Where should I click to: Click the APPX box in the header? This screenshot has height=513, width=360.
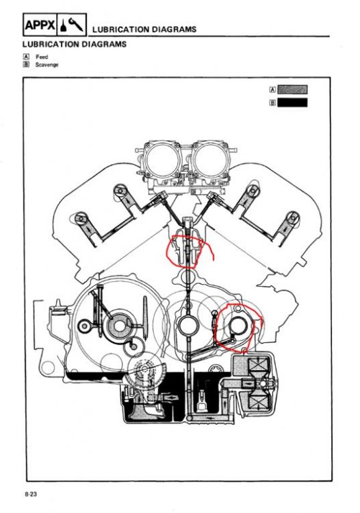(x=40, y=25)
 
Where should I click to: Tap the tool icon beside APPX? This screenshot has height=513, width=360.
(x=72, y=25)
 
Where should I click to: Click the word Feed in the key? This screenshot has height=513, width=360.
(x=42, y=57)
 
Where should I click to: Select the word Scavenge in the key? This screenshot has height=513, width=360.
(x=47, y=64)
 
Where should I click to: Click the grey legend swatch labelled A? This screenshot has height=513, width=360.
(x=292, y=89)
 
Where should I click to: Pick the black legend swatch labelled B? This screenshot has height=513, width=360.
(x=292, y=103)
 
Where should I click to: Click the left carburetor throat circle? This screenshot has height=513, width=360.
(x=162, y=159)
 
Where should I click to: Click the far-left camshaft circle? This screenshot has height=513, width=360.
(x=80, y=219)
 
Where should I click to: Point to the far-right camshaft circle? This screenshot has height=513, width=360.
(x=292, y=218)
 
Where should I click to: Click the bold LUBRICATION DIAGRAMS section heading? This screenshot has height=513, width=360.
(x=75, y=44)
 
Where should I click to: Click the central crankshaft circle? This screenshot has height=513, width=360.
(x=187, y=326)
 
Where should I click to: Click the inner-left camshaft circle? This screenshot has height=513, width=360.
(x=120, y=192)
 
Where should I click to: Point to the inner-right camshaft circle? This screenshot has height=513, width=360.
(x=253, y=191)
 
